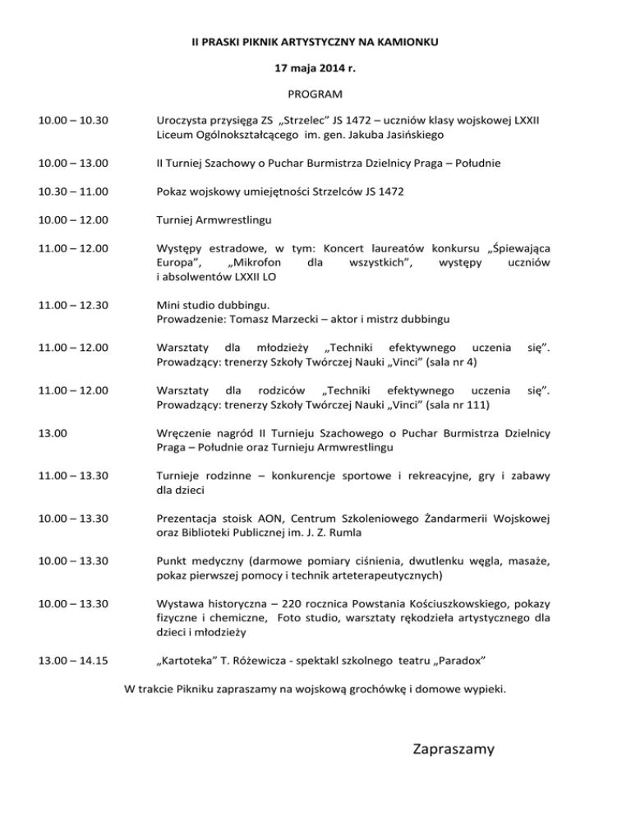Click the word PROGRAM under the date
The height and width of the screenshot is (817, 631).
pos(315,94)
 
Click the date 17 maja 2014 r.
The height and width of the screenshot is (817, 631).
pos(315,67)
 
